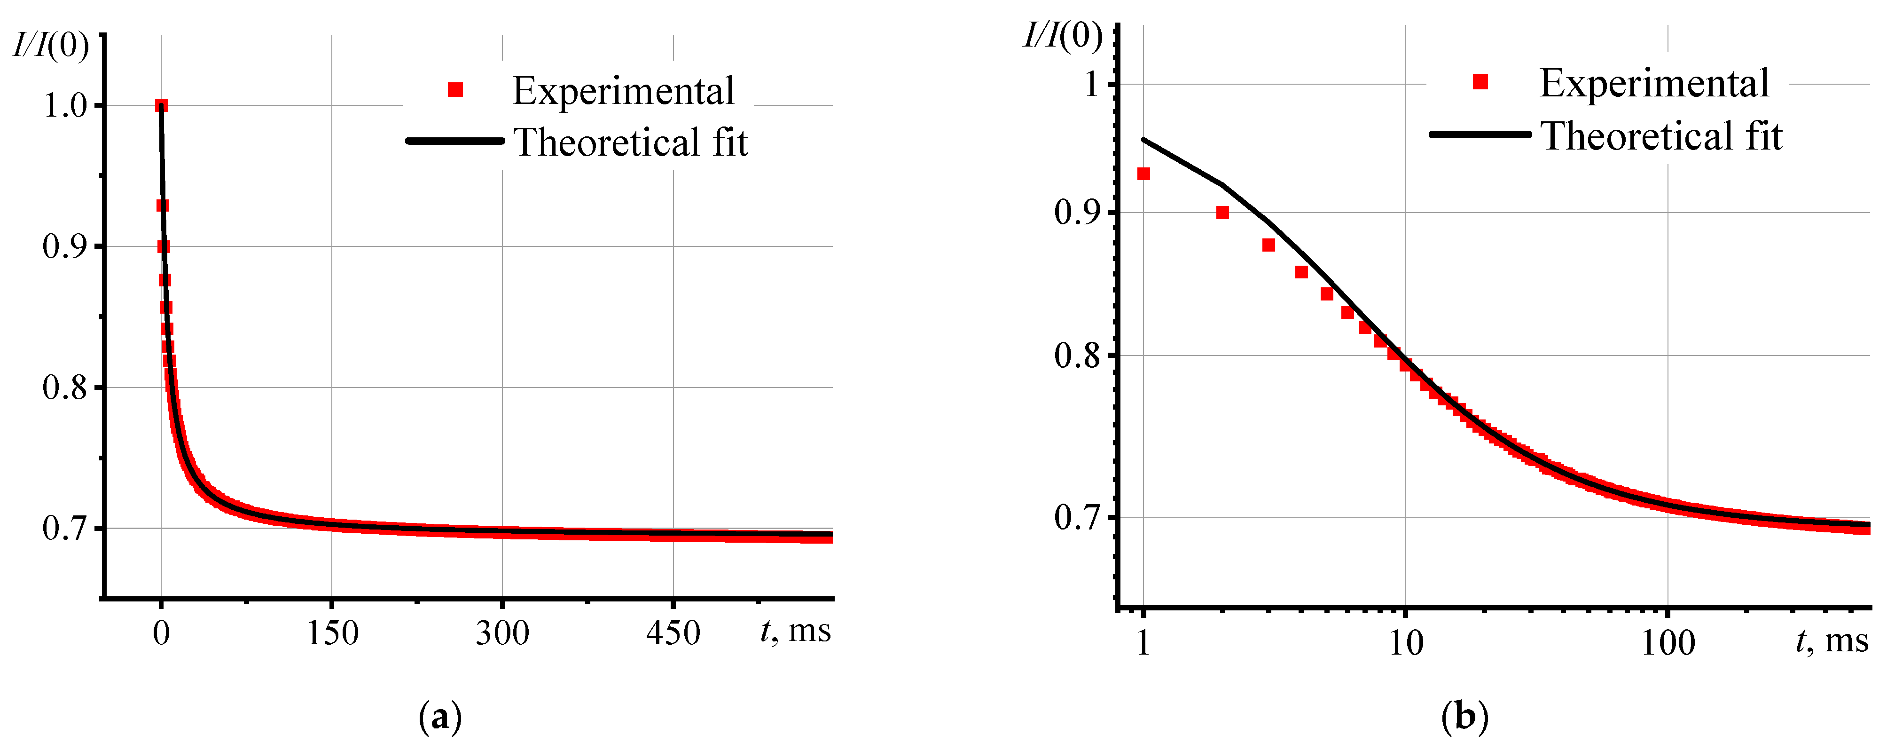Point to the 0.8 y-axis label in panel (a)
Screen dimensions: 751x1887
[x=65, y=387]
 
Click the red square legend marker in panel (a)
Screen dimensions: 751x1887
[x=455, y=89]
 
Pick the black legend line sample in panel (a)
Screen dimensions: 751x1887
[x=455, y=141]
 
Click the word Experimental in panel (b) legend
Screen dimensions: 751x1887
[x=1653, y=83]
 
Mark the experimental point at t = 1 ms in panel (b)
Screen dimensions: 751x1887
[x=1143, y=174]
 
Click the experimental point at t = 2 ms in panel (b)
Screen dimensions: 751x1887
[x=1222, y=213]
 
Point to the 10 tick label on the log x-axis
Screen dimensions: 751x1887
[x=1405, y=642]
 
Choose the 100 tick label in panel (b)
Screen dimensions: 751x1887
[x=1667, y=642]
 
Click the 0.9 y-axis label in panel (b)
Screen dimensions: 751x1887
[x=1077, y=213]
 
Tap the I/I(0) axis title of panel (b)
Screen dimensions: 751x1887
[x=1062, y=35]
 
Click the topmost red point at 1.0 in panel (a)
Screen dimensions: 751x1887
[x=161, y=105]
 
